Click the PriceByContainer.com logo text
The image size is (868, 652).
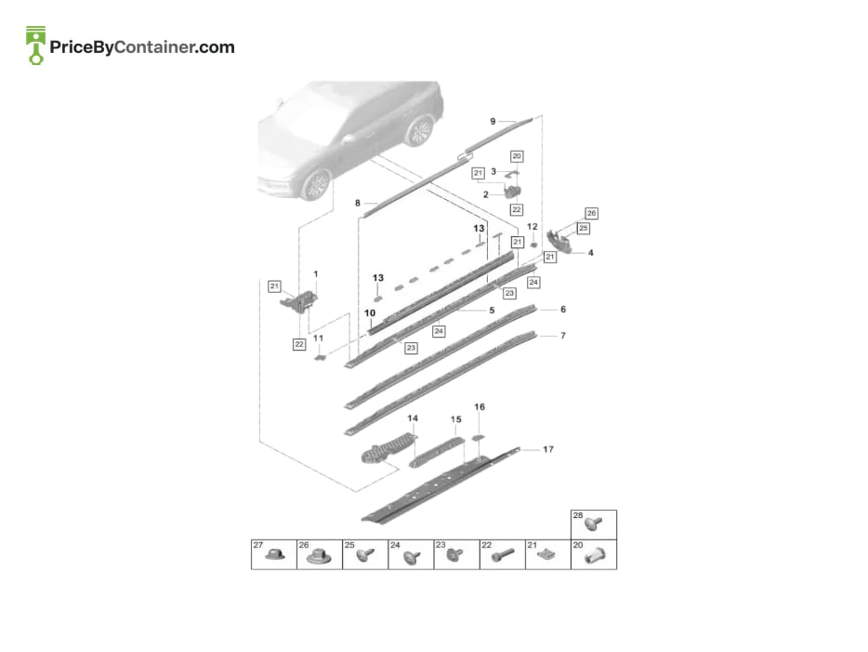click(x=142, y=47)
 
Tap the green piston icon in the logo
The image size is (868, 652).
click(x=36, y=46)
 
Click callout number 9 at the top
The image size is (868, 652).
click(x=493, y=121)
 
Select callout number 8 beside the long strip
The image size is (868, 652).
click(x=358, y=204)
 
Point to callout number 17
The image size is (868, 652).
click(x=548, y=449)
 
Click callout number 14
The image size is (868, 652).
click(x=413, y=419)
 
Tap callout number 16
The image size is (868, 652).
click(x=480, y=406)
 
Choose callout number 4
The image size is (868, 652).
click(x=591, y=253)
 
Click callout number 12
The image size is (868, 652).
click(x=532, y=227)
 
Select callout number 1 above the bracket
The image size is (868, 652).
click(x=316, y=273)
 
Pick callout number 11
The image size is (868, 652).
click(x=319, y=338)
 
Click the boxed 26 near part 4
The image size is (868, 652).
click(x=591, y=213)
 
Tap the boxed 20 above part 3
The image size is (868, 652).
click(x=517, y=156)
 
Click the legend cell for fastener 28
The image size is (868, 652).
click(x=594, y=525)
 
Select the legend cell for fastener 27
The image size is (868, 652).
click(x=274, y=554)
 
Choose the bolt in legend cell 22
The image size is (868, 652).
click(x=502, y=554)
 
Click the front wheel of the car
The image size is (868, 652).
click(x=316, y=184)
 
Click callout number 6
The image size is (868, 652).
click(x=563, y=309)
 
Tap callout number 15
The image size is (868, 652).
click(x=455, y=419)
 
